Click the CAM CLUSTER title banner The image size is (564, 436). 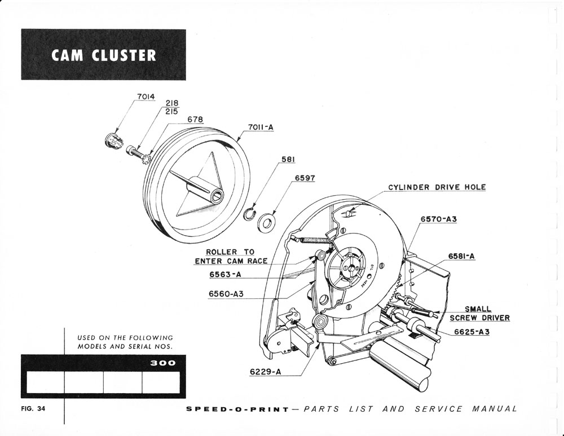(x=103, y=55)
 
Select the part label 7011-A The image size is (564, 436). (x=260, y=127)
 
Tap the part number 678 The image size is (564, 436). (x=195, y=120)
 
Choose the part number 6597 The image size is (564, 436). (x=305, y=178)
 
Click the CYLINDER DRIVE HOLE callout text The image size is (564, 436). (x=437, y=187)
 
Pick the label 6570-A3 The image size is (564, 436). (x=438, y=219)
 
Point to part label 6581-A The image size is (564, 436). (x=462, y=256)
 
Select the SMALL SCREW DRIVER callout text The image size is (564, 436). (x=479, y=314)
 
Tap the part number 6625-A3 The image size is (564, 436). (x=472, y=332)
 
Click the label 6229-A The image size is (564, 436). (x=265, y=372)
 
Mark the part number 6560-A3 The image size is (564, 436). (x=226, y=294)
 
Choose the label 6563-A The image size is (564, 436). (x=225, y=275)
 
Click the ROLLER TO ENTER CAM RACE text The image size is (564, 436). (x=230, y=257)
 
